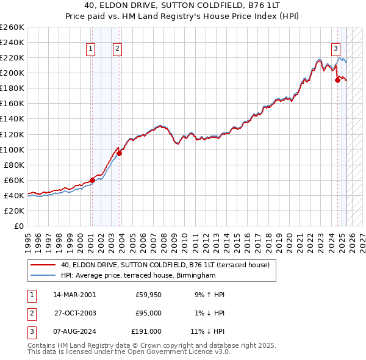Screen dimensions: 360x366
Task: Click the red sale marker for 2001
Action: click(92, 180)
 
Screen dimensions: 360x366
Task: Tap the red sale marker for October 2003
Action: click(120, 153)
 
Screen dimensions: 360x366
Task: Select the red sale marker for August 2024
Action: click(337, 79)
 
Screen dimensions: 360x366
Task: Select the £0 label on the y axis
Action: click(18, 226)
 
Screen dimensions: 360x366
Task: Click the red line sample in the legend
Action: click(43, 265)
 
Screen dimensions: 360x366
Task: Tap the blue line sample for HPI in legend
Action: click(43, 276)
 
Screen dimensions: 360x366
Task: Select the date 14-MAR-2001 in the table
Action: click(74, 295)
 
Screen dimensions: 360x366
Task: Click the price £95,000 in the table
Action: click(148, 313)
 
